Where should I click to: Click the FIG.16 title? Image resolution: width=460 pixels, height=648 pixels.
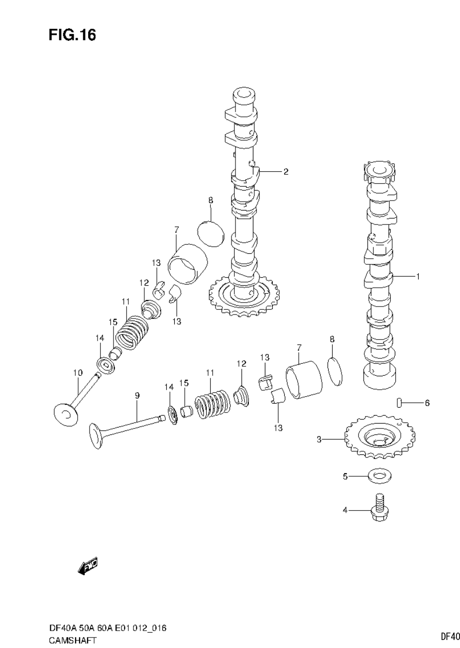[x=72, y=35]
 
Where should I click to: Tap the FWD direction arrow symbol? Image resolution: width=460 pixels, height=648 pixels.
[x=88, y=566]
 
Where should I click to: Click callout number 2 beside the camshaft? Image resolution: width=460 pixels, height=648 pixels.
[x=286, y=172]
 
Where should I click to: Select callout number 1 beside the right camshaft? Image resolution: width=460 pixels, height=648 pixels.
[x=418, y=276]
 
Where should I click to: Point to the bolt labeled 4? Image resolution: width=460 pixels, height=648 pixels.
[x=379, y=510]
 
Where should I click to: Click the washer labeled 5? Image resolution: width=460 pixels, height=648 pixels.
[x=379, y=477]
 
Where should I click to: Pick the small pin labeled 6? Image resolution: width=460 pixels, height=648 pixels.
[x=399, y=403]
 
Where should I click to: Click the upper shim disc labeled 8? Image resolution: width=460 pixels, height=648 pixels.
[x=211, y=233]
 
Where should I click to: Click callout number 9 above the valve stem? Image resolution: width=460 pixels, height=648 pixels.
[x=137, y=395]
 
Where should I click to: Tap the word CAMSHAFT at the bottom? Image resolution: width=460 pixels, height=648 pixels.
[x=73, y=641]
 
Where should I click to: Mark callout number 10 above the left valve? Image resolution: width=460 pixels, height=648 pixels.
[x=78, y=372]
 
